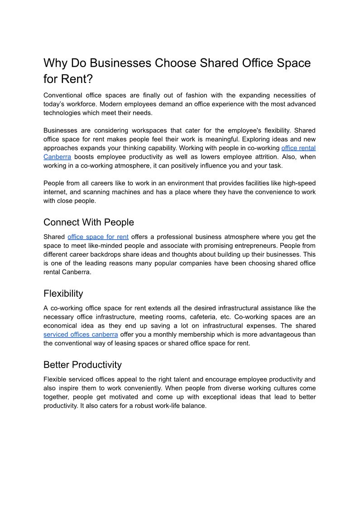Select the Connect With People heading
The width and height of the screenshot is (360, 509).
(89, 222)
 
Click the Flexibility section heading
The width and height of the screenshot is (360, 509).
(63, 293)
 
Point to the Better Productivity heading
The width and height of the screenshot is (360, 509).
(82, 365)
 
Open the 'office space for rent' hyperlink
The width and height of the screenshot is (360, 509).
(98, 237)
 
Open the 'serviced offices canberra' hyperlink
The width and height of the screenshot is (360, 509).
(81, 334)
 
